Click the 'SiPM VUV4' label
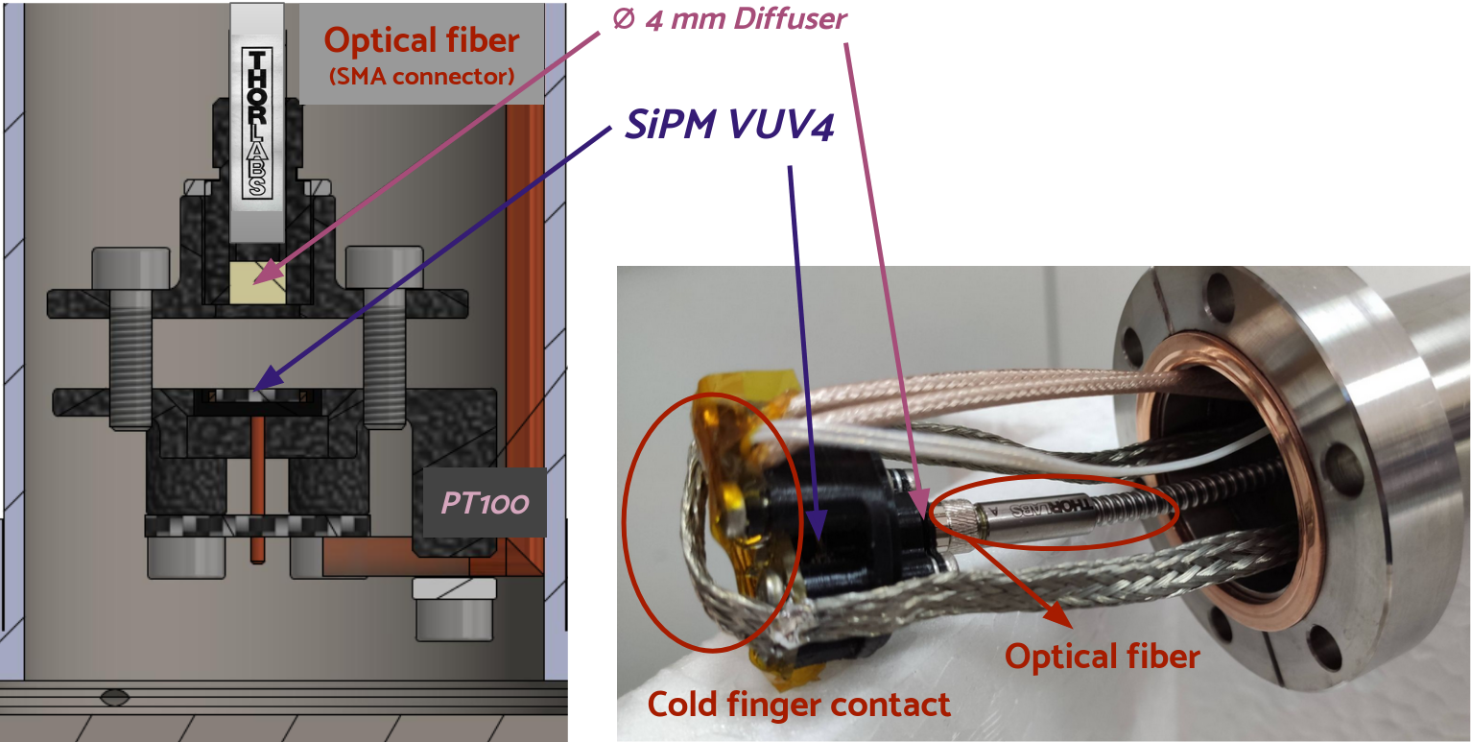click(728, 123)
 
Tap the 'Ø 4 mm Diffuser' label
click(728, 19)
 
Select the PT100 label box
click(485, 502)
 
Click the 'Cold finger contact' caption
click(799, 705)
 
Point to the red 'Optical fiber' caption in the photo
click(1102, 656)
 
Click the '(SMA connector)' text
click(421, 76)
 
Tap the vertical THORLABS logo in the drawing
click(256, 125)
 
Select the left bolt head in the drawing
click(131, 272)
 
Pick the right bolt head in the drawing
click(385, 272)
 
